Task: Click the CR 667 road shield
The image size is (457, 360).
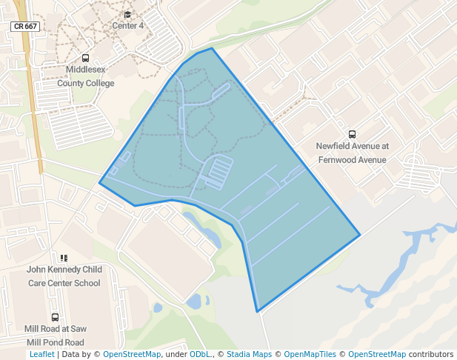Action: click(x=25, y=26)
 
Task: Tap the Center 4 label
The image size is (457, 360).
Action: click(x=127, y=26)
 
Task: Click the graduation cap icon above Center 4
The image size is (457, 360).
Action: click(x=127, y=14)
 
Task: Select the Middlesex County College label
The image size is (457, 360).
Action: click(x=86, y=77)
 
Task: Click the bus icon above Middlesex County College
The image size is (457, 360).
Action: click(x=85, y=58)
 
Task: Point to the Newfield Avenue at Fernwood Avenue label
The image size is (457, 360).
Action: click(x=352, y=153)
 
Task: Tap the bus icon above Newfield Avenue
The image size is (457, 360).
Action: click(x=352, y=134)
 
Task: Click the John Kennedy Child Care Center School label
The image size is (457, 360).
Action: click(x=64, y=276)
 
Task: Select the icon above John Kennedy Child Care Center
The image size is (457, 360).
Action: click(x=64, y=258)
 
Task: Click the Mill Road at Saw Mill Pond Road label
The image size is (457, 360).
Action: click(x=56, y=336)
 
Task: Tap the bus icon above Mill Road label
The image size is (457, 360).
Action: click(x=56, y=317)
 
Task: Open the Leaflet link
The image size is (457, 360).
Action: click(x=41, y=355)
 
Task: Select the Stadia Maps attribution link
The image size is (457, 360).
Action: click(x=248, y=355)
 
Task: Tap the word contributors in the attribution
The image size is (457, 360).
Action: click(x=431, y=355)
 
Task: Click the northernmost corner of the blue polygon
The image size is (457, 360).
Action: click(x=213, y=48)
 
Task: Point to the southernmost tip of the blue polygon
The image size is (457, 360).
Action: click(x=257, y=312)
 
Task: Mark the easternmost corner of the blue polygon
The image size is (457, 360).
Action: click(x=360, y=236)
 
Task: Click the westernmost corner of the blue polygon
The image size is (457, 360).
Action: click(x=99, y=183)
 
